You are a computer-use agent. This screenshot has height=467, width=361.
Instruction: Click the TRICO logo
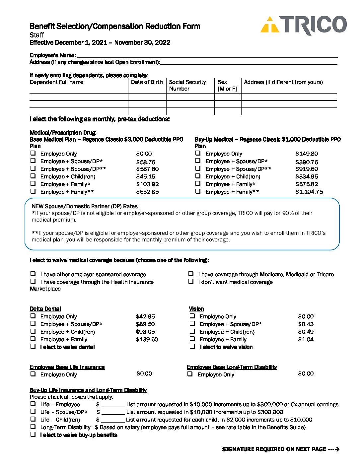pyautogui.click(x=303, y=25)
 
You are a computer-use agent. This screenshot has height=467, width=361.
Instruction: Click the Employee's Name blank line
pyautogui.click(x=207, y=56)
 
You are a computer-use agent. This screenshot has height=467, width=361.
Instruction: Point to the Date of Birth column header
pyautogui.click(x=147, y=82)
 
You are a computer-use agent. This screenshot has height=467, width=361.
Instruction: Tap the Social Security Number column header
pyautogui.click(x=187, y=85)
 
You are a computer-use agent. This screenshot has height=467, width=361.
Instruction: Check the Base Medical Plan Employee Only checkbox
pyautogui.click(x=33, y=153)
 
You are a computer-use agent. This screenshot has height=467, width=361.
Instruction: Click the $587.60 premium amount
pyautogui.click(x=147, y=169)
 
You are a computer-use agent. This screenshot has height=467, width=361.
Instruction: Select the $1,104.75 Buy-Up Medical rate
pyautogui.click(x=309, y=192)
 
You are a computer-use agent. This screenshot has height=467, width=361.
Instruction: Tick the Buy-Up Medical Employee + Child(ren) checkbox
pyautogui.click(x=198, y=176)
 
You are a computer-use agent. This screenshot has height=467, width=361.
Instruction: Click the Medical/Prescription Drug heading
pyautogui.click(x=63, y=133)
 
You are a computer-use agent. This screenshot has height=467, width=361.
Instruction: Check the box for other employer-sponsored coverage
pyautogui.click(x=33, y=274)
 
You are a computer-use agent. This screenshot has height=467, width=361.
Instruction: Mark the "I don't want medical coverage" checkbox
pyautogui.click(x=191, y=282)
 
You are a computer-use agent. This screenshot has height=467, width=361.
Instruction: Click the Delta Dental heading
pyautogui.click(x=45, y=309)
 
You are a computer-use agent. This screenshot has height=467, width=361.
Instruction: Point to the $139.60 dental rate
pyautogui.click(x=147, y=339)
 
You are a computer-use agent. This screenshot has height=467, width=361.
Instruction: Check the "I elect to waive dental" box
pyautogui.click(x=33, y=347)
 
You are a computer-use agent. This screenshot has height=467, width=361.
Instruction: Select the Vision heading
pyautogui.click(x=196, y=309)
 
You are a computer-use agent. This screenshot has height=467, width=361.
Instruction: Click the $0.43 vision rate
pyautogui.click(x=306, y=324)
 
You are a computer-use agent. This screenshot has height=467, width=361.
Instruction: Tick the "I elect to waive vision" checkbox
pyautogui.click(x=192, y=347)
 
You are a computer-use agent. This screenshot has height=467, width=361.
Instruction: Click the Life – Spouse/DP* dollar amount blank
pyautogui.click(x=113, y=412)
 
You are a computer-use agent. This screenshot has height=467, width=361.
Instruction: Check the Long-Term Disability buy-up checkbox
pyautogui.click(x=33, y=427)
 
